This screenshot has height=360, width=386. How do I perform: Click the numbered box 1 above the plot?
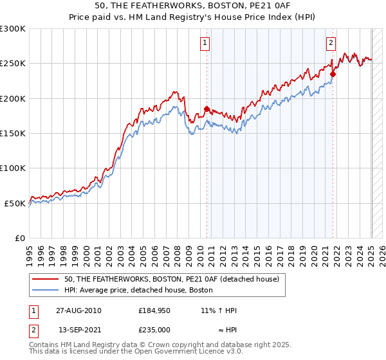click(205, 43)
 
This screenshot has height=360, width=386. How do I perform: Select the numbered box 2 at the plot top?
click(331, 43)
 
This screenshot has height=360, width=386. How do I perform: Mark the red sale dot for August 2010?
click(207, 109)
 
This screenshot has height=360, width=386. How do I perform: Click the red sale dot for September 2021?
click(333, 74)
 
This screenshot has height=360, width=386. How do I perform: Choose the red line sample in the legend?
click(46, 280)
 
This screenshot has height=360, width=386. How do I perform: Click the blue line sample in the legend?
click(46, 290)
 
